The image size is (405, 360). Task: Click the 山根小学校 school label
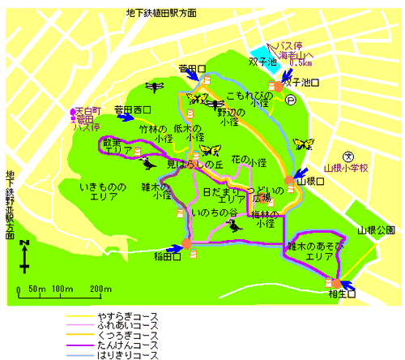click(346, 168)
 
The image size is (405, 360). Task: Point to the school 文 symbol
click(346, 156)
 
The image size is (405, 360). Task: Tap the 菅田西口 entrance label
click(132, 109)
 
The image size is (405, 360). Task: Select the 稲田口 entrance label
click(165, 258)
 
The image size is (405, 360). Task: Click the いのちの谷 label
click(215, 212)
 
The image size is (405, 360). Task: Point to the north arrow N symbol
click(25, 242)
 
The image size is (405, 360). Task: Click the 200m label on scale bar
click(100, 289)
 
